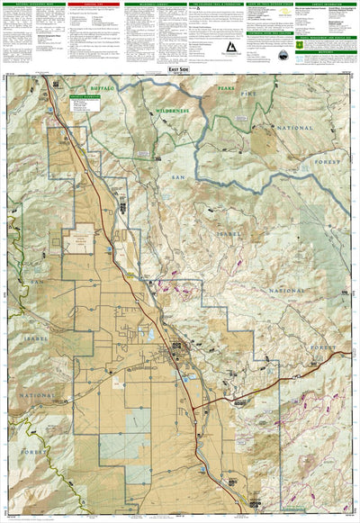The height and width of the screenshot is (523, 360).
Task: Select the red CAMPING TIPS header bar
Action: click(95, 5)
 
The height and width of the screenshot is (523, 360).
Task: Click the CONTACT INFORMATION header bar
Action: click(328, 5)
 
